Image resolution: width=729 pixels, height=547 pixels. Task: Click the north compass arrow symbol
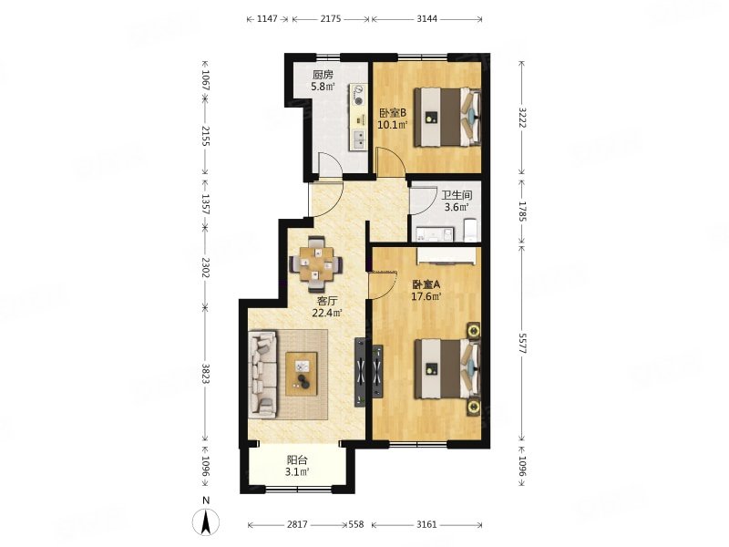pos(207,521)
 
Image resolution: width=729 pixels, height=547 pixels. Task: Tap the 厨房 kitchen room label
pos(323,75)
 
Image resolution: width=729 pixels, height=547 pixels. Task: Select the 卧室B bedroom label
pos(393,113)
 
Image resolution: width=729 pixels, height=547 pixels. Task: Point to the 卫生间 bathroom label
pos(457,196)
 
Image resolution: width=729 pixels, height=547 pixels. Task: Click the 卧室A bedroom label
pos(426,284)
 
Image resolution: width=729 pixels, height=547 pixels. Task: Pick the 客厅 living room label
pos(327,301)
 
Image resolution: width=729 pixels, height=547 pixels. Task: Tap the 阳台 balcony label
pos(297,460)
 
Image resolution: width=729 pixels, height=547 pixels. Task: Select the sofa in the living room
pos(263,374)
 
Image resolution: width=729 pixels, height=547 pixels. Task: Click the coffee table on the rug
pos(302,374)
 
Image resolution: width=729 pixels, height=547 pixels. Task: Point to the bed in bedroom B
pos(447,118)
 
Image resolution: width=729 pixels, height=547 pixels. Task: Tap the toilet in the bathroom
pos(471,231)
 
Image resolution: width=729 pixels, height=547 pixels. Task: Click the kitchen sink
pos(359,139)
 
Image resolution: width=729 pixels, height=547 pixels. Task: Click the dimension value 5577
pos(521,344)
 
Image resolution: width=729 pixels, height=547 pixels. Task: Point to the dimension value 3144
pos(426,18)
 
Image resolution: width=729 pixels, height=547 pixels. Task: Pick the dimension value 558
pos(356,524)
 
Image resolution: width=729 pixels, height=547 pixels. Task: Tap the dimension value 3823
pos(206,373)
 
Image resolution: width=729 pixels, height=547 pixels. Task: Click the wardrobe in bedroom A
pos(447,256)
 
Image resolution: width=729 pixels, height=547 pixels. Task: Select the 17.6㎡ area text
pos(426,296)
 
